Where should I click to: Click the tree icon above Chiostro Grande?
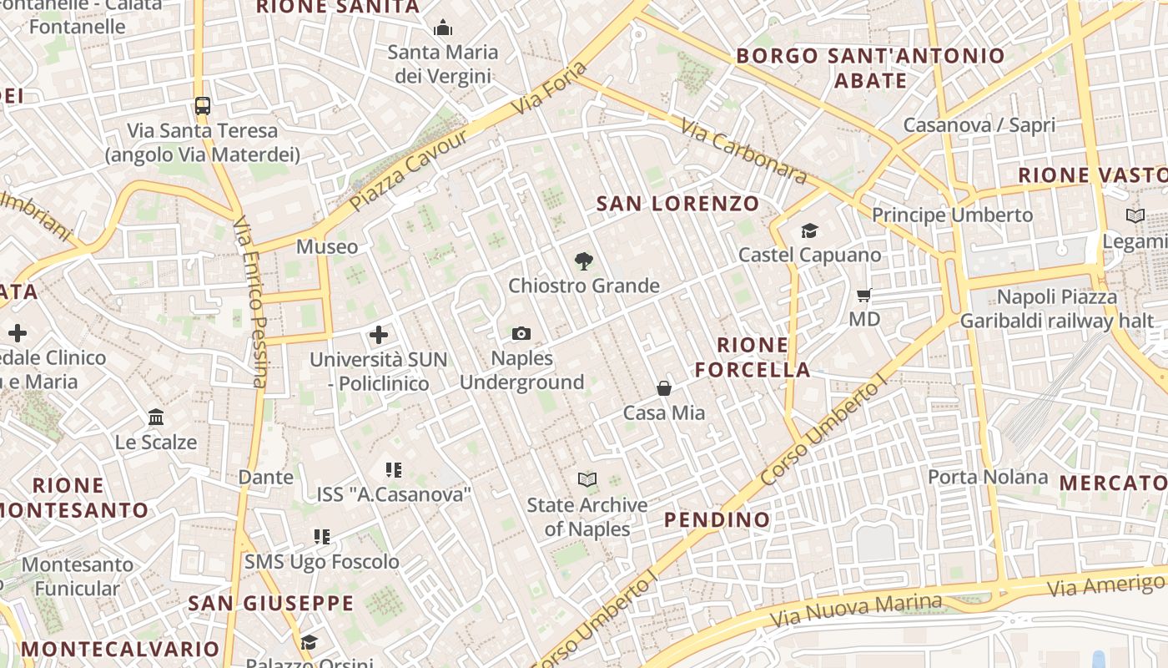[x=584, y=261]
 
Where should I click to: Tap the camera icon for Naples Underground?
[x=521, y=334]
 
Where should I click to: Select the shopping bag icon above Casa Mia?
[x=664, y=388]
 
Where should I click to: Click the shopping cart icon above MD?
[x=864, y=295]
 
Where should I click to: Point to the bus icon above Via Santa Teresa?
[x=203, y=106]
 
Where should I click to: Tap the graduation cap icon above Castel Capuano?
[x=809, y=230]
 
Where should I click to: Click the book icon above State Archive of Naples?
[x=587, y=480]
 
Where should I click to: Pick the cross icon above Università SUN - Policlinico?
[x=379, y=336]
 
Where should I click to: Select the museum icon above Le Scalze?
[x=156, y=417]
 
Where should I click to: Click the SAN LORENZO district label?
[x=678, y=204]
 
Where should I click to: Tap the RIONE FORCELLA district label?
[x=753, y=357]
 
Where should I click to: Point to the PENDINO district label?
[x=717, y=520]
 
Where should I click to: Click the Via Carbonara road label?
[x=744, y=151]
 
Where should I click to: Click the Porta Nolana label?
[x=988, y=477]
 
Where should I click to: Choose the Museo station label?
[x=327, y=247]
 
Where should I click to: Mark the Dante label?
[x=266, y=478]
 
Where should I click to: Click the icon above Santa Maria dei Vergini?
[x=443, y=29]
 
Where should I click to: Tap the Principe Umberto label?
[x=952, y=215]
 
